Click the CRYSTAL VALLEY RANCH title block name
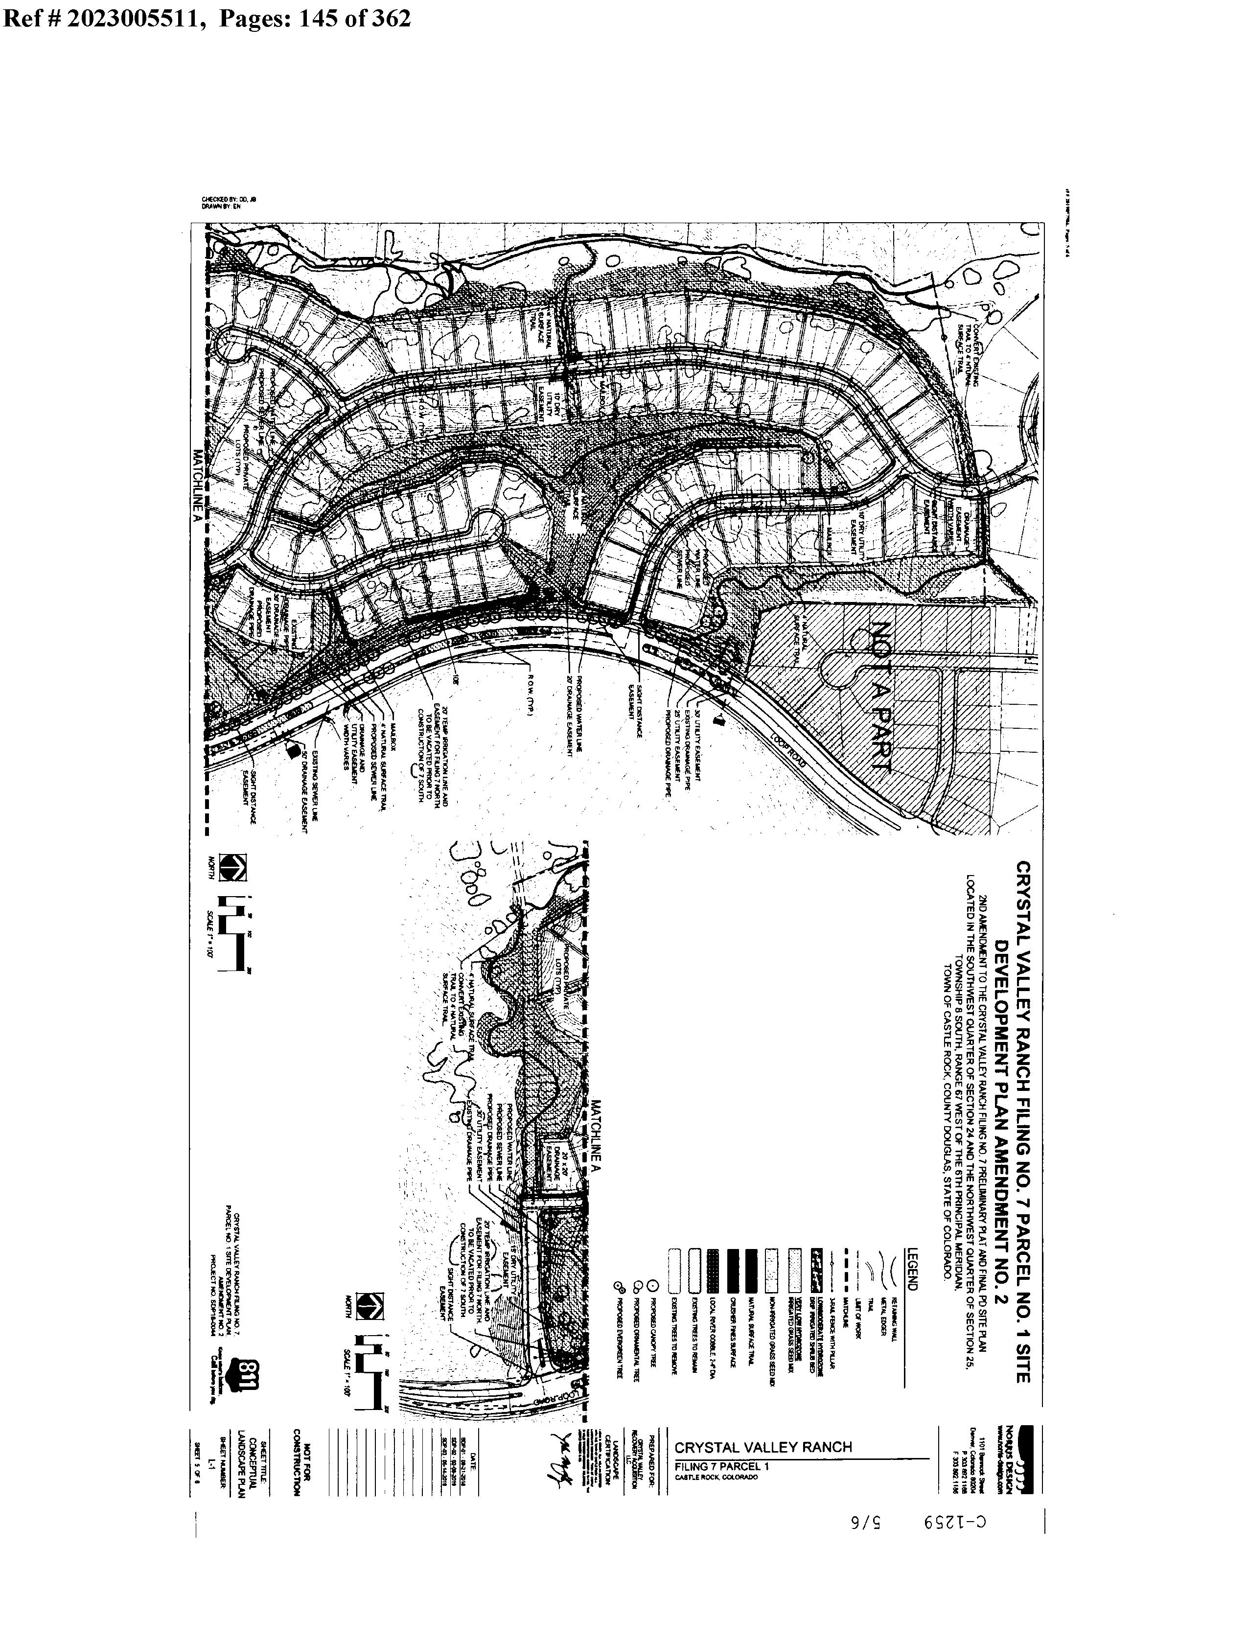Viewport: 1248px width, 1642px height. pyautogui.click(x=763, y=1447)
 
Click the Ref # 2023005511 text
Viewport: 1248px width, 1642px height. pyautogui.click(x=103, y=18)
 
